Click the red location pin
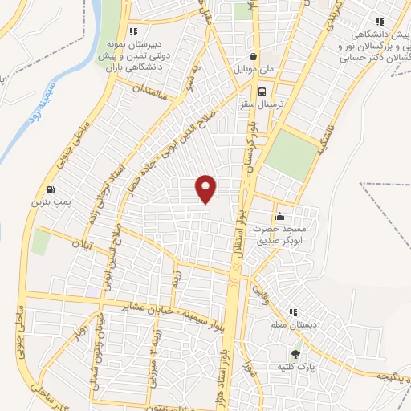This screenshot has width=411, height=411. pos(207,188)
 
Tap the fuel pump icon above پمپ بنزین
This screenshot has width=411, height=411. pos(51,190)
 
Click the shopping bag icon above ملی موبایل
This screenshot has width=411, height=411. pos(254,57)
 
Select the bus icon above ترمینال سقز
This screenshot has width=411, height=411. pos(254,92)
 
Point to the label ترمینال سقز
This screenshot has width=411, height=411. pos(254,104)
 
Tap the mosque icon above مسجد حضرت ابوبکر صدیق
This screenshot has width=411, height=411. pos(279,217)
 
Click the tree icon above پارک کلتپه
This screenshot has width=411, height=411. pos(295,353)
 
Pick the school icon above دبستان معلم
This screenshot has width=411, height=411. pos(293,311)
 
